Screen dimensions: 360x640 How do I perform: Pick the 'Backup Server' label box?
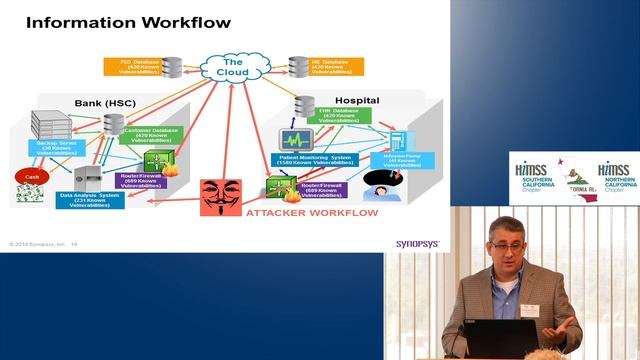pos(59,147)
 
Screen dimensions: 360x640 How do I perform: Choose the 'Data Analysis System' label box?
pos(91,198)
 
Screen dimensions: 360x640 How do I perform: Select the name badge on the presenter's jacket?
pos(531,309)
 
